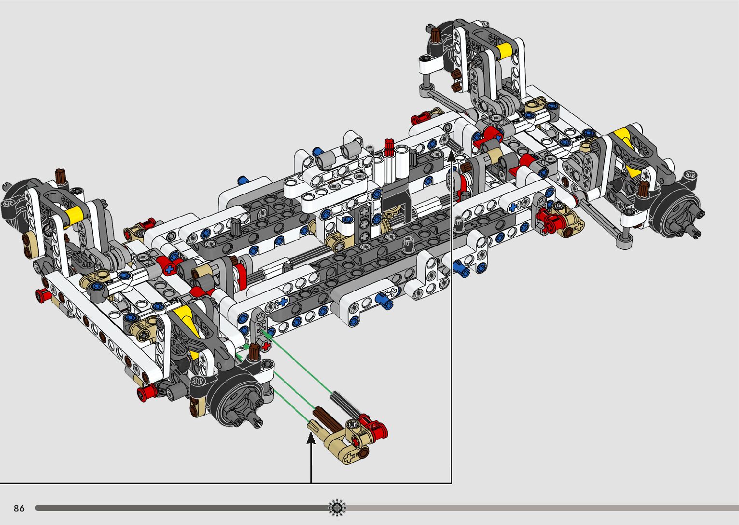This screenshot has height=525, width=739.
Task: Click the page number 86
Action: pyautogui.click(x=19, y=508)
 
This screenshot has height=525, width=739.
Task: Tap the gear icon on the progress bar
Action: pyautogui.click(x=337, y=508)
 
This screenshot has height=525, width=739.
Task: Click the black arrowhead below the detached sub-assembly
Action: pyautogui.click(x=311, y=438)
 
